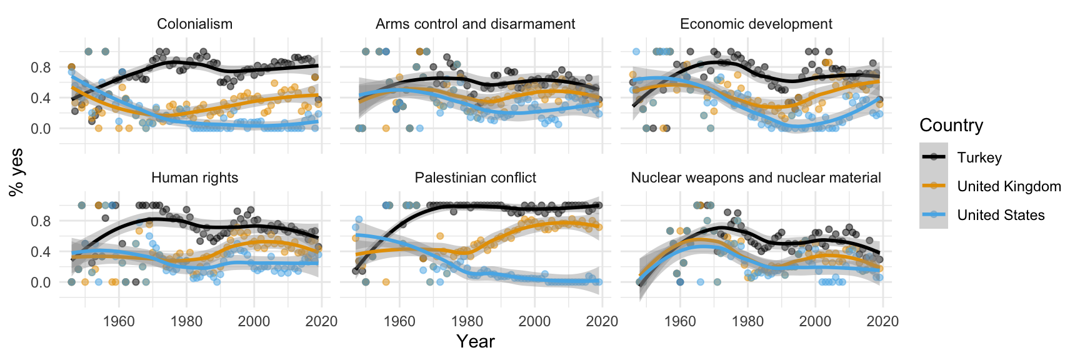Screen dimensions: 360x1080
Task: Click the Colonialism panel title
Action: pos(194,24)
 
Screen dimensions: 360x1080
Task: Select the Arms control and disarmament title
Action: pos(475,24)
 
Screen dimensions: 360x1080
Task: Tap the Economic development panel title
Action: pos(756,24)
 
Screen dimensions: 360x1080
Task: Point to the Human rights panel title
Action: pos(194,178)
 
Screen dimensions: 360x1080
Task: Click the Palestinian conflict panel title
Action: pos(475,178)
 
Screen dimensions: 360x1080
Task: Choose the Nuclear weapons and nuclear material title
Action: pos(756,178)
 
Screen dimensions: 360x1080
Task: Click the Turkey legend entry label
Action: pos(979,158)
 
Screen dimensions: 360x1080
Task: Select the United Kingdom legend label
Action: pos(1009,187)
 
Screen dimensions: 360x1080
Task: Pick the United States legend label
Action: pos(1001,216)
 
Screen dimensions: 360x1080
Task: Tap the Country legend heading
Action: pos(951,126)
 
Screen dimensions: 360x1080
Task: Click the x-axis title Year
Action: pos(475,342)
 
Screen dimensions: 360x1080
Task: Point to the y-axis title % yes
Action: pos(16,172)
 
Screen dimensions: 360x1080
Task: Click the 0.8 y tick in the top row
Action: pos(41,67)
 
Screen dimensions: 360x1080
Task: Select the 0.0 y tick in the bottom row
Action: pos(41,282)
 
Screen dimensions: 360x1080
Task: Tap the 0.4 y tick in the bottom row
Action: pos(41,252)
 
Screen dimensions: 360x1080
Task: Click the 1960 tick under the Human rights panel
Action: pos(119,322)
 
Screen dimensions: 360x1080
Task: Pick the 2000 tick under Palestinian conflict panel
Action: pos(534,322)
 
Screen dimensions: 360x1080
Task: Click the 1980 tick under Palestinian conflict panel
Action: pos(467,322)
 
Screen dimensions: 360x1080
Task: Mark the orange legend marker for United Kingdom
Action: pos(934,186)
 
